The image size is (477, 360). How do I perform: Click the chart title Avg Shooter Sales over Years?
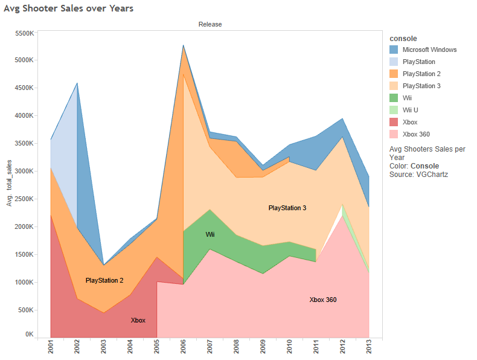pos(69,8)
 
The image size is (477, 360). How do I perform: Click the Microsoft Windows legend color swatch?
pos(394,50)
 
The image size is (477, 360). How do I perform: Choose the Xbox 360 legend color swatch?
pos(394,134)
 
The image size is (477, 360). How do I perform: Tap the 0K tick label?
pos(28,334)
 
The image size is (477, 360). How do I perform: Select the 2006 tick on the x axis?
pos(184,349)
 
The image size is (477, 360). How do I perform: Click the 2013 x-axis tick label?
pos(370,349)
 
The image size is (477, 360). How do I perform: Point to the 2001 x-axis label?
pos(51,349)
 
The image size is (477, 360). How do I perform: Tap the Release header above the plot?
pos(210,24)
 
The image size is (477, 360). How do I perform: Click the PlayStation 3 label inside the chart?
pos(287,208)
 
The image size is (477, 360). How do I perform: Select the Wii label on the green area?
pos(210,234)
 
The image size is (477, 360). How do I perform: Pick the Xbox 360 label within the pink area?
pos(322,300)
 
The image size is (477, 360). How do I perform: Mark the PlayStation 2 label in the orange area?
pos(104,280)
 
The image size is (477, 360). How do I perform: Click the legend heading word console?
pos(403,38)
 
